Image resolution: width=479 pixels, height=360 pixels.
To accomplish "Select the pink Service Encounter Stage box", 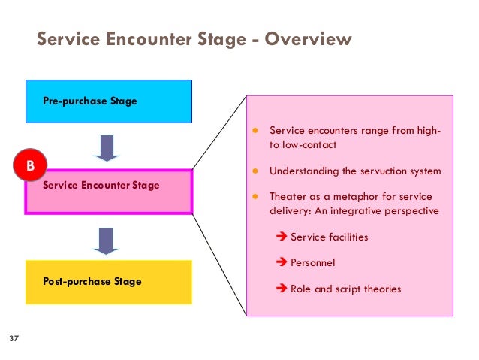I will [109, 192].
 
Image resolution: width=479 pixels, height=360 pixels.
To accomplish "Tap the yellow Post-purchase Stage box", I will [108, 282].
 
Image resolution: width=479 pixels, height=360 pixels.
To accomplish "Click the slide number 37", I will [12, 340].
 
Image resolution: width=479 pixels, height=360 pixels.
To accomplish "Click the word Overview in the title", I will [309, 38].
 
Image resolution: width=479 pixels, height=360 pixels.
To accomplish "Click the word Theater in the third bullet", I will [287, 197].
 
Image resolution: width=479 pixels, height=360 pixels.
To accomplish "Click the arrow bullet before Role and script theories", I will [282, 289].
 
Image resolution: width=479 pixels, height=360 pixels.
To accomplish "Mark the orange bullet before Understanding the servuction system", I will [255, 171].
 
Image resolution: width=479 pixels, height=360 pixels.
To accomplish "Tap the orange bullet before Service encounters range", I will [255, 130].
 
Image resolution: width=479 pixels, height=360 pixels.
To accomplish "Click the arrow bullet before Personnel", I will [282, 263].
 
